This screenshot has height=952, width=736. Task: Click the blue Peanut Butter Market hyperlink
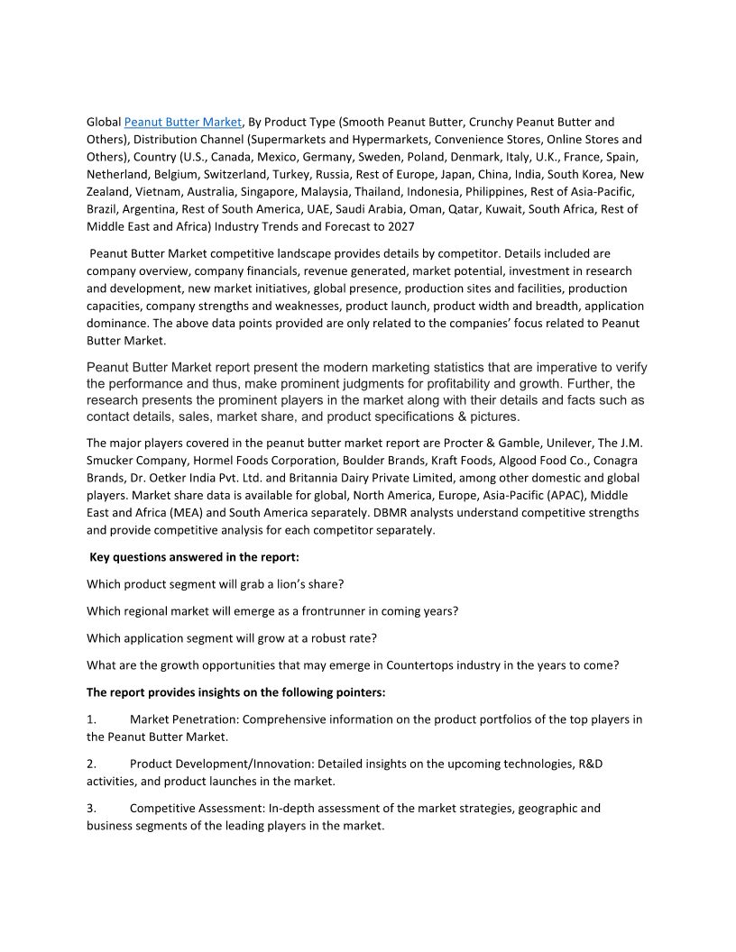point(183,122)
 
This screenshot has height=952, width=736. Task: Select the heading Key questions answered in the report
point(194,557)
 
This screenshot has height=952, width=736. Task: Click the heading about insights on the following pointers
point(238,692)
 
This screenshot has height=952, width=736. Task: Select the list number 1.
point(91,719)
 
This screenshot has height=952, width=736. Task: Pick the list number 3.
point(91,809)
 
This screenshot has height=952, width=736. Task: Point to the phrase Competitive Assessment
point(196,809)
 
